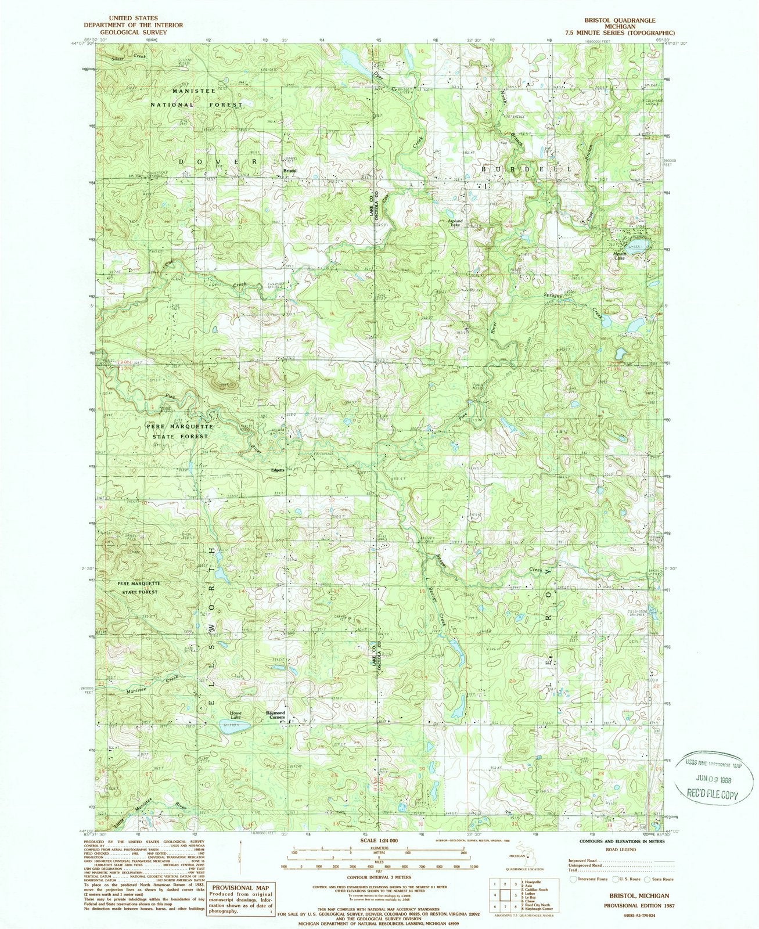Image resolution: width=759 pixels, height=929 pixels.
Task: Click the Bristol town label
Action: [x=290, y=171]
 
